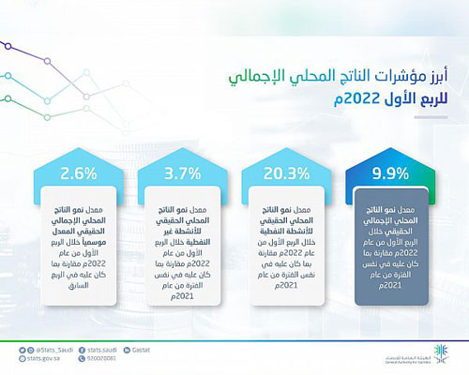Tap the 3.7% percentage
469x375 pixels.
182,173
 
